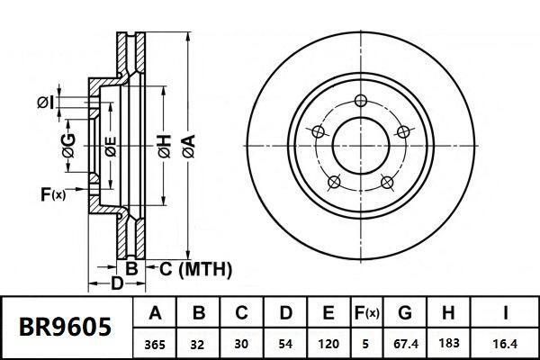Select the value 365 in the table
click(156, 343)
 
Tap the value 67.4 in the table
click(405, 343)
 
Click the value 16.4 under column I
click(507, 343)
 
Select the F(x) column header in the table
click(365, 314)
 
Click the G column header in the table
click(405, 314)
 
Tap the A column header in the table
click(156, 314)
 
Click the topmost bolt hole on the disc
click(361, 101)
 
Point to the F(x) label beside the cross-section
click(53, 193)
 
